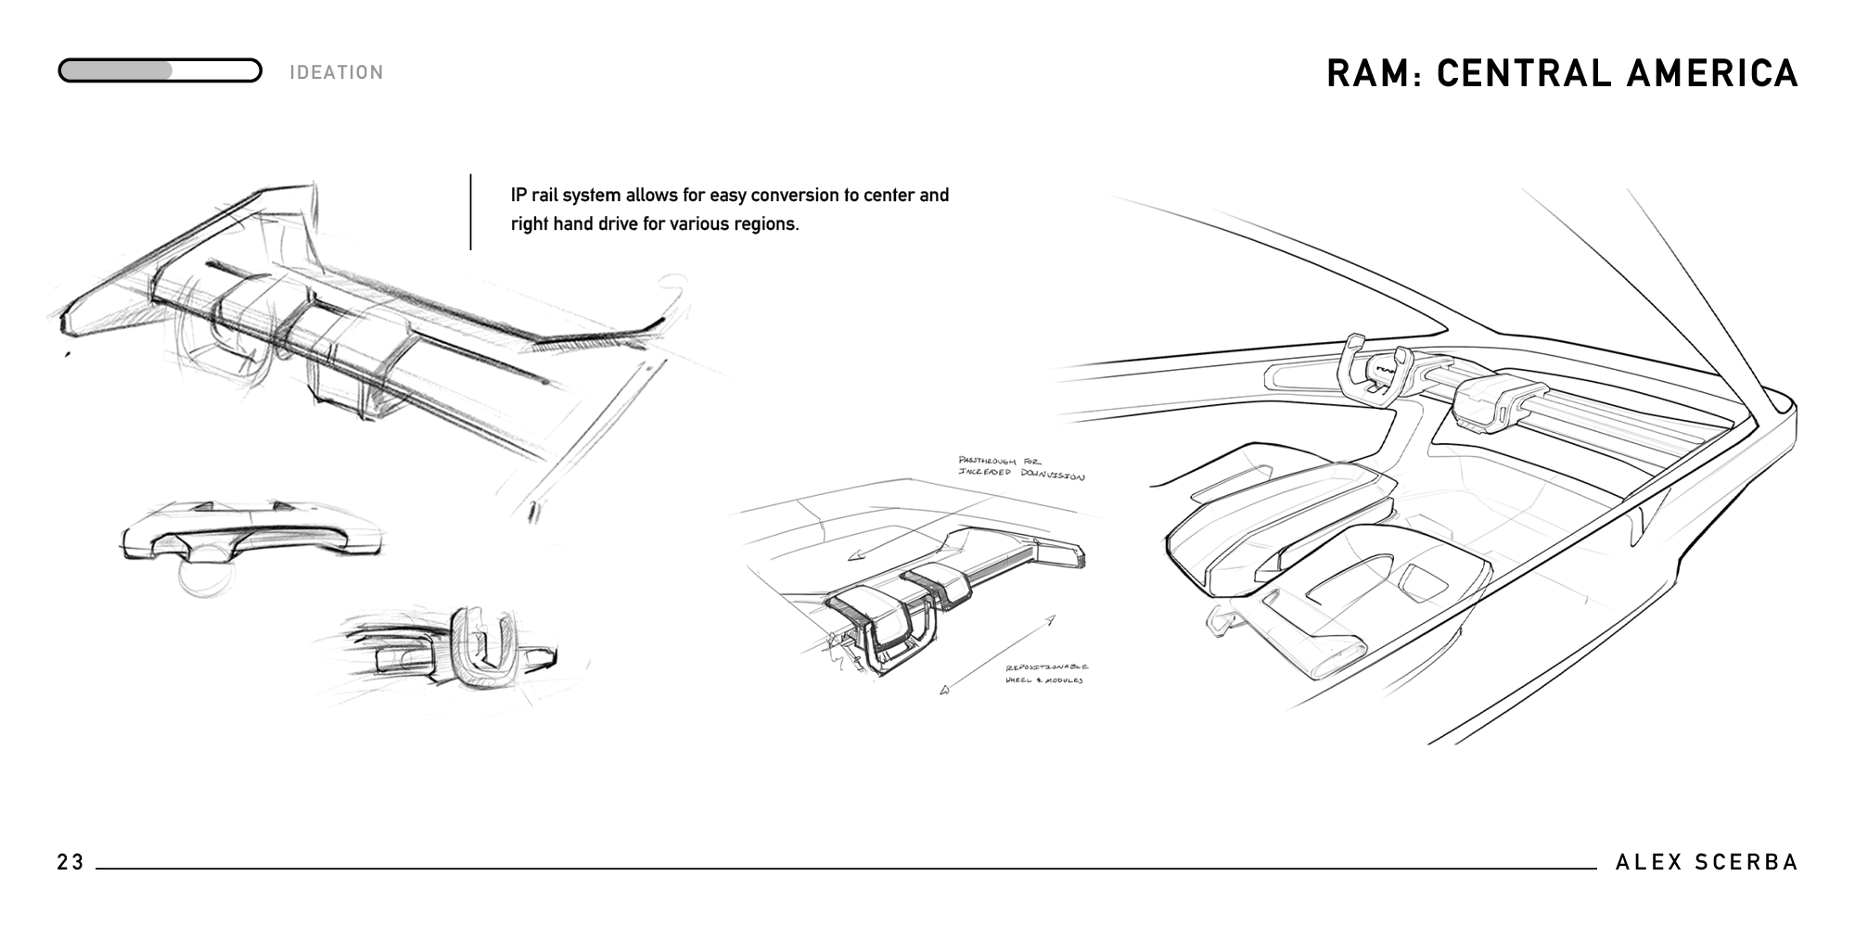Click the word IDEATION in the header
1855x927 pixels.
pos(336,72)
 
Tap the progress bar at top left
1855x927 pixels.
pos(160,70)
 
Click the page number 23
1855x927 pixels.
pos(70,863)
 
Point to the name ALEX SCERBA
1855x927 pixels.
pos(1707,863)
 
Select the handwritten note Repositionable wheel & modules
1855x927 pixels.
pos(1046,674)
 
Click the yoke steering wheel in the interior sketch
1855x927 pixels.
pos(1376,372)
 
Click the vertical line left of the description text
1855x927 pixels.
pos(470,211)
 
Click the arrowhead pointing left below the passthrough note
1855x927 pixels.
pos(855,555)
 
